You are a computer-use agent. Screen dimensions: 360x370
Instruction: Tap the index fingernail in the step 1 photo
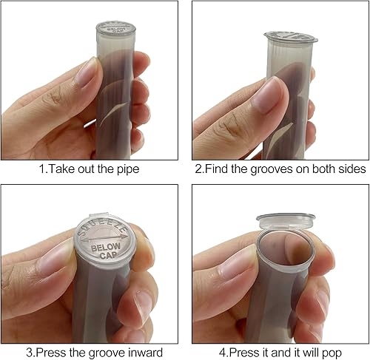(x=87, y=72)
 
